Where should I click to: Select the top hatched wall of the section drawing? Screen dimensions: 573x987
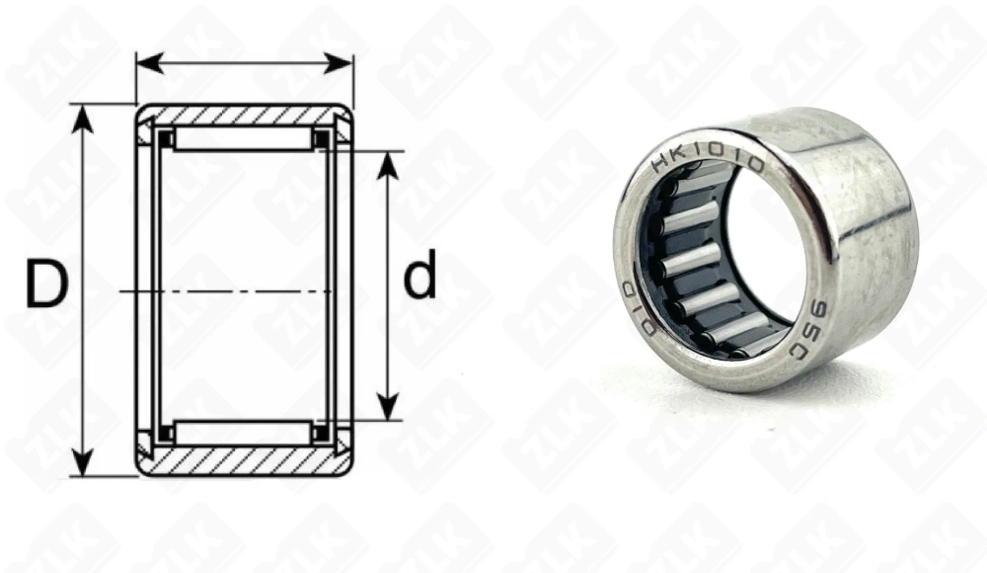[x=244, y=115]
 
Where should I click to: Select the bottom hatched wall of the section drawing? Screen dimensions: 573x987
[x=244, y=460]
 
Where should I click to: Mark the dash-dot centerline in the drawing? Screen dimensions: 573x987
[x=227, y=291]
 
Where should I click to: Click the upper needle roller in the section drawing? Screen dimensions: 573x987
[x=244, y=138]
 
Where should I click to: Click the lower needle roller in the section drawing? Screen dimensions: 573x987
[x=244, y=432]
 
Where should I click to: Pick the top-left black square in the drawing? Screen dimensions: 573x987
[x=166, y=139]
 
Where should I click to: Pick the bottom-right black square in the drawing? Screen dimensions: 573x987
[x=322, y=432]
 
